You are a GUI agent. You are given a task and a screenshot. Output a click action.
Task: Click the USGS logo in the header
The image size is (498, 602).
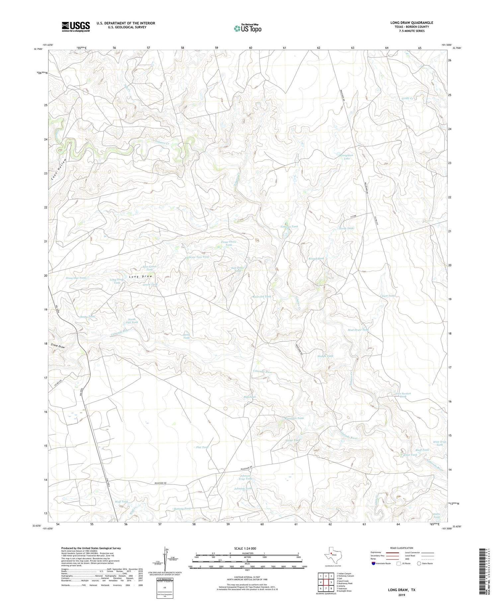pos(76,27)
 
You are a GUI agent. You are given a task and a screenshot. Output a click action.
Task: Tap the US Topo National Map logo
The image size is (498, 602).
pos(247,28)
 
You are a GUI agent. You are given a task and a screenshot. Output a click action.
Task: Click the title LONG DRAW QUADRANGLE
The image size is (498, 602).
pos(411,23)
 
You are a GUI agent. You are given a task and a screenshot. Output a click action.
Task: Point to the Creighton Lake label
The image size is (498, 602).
pos(347,157)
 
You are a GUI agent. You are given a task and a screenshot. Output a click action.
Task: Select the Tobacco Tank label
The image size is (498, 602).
pos(289,226)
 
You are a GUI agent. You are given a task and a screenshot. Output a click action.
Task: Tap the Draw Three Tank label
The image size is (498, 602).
pos(228,243)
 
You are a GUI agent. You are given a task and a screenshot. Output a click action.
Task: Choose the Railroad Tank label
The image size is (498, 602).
pos(262,297)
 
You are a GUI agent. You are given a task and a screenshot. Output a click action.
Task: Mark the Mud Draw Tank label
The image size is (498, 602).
pos(358,330)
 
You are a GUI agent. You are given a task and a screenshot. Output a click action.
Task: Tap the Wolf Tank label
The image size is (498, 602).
pos(121,501)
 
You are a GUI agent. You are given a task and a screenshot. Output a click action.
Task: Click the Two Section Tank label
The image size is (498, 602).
pos(403,395)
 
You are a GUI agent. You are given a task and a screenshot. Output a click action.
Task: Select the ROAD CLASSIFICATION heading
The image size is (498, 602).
pos(402,548)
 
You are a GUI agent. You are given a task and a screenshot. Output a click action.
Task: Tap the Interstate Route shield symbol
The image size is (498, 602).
pos(374,563)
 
